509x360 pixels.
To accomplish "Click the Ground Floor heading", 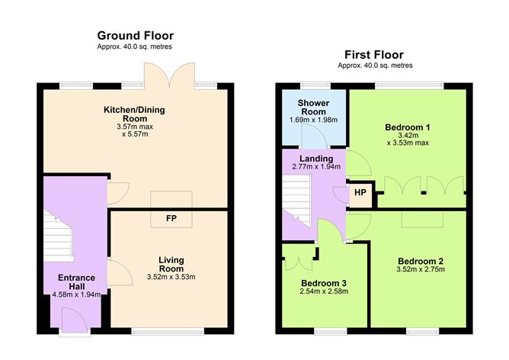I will pyautogui.click(x=135, y=35).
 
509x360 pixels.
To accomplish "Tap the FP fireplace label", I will pyautogui.click(x=171, y=219).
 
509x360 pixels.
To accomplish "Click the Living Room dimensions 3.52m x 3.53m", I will pyautogui.click(x=171, y=277).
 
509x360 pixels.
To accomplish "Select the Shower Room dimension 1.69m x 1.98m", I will pyautogui.click(x=312, y=120).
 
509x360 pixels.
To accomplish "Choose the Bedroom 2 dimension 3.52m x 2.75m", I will pyautogui.click(x=420, y=270).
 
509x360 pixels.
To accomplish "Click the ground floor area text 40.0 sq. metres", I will pyautogui.click(x=135, y=47).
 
